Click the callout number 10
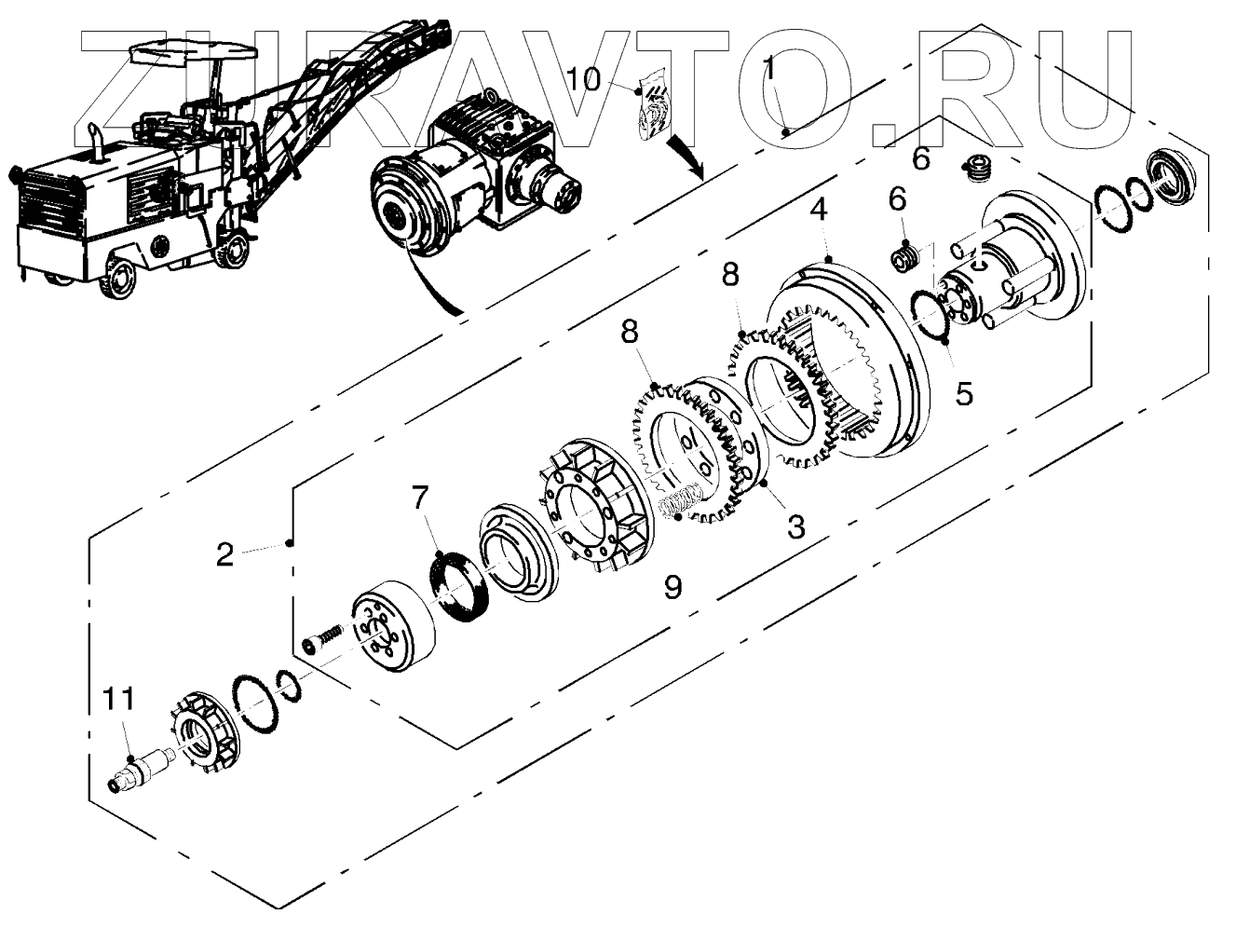tap(584, 78)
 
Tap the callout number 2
tap(224, 555)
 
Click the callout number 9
tap(672, 587)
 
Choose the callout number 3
tap(795, 527)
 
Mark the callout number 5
tap(964, 393)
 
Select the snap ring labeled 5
tap(930, 317)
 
